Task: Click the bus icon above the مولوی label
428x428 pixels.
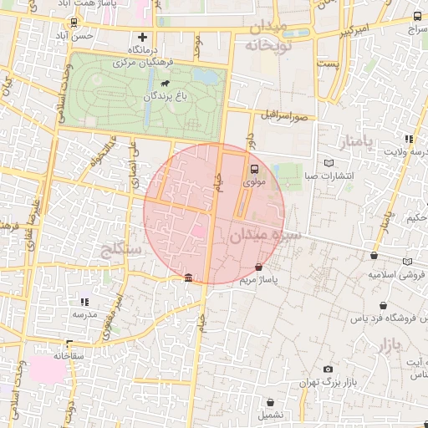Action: [x=255, y=168]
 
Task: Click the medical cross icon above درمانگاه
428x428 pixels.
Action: [x=143, y=37]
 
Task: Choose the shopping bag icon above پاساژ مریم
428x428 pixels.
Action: [x=259, y=267]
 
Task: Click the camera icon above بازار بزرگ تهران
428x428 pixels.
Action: [x=329, y=369]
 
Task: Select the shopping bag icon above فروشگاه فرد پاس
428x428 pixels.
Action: [x=383, y=306]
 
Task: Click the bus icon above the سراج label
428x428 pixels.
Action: [x=418, y=17]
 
